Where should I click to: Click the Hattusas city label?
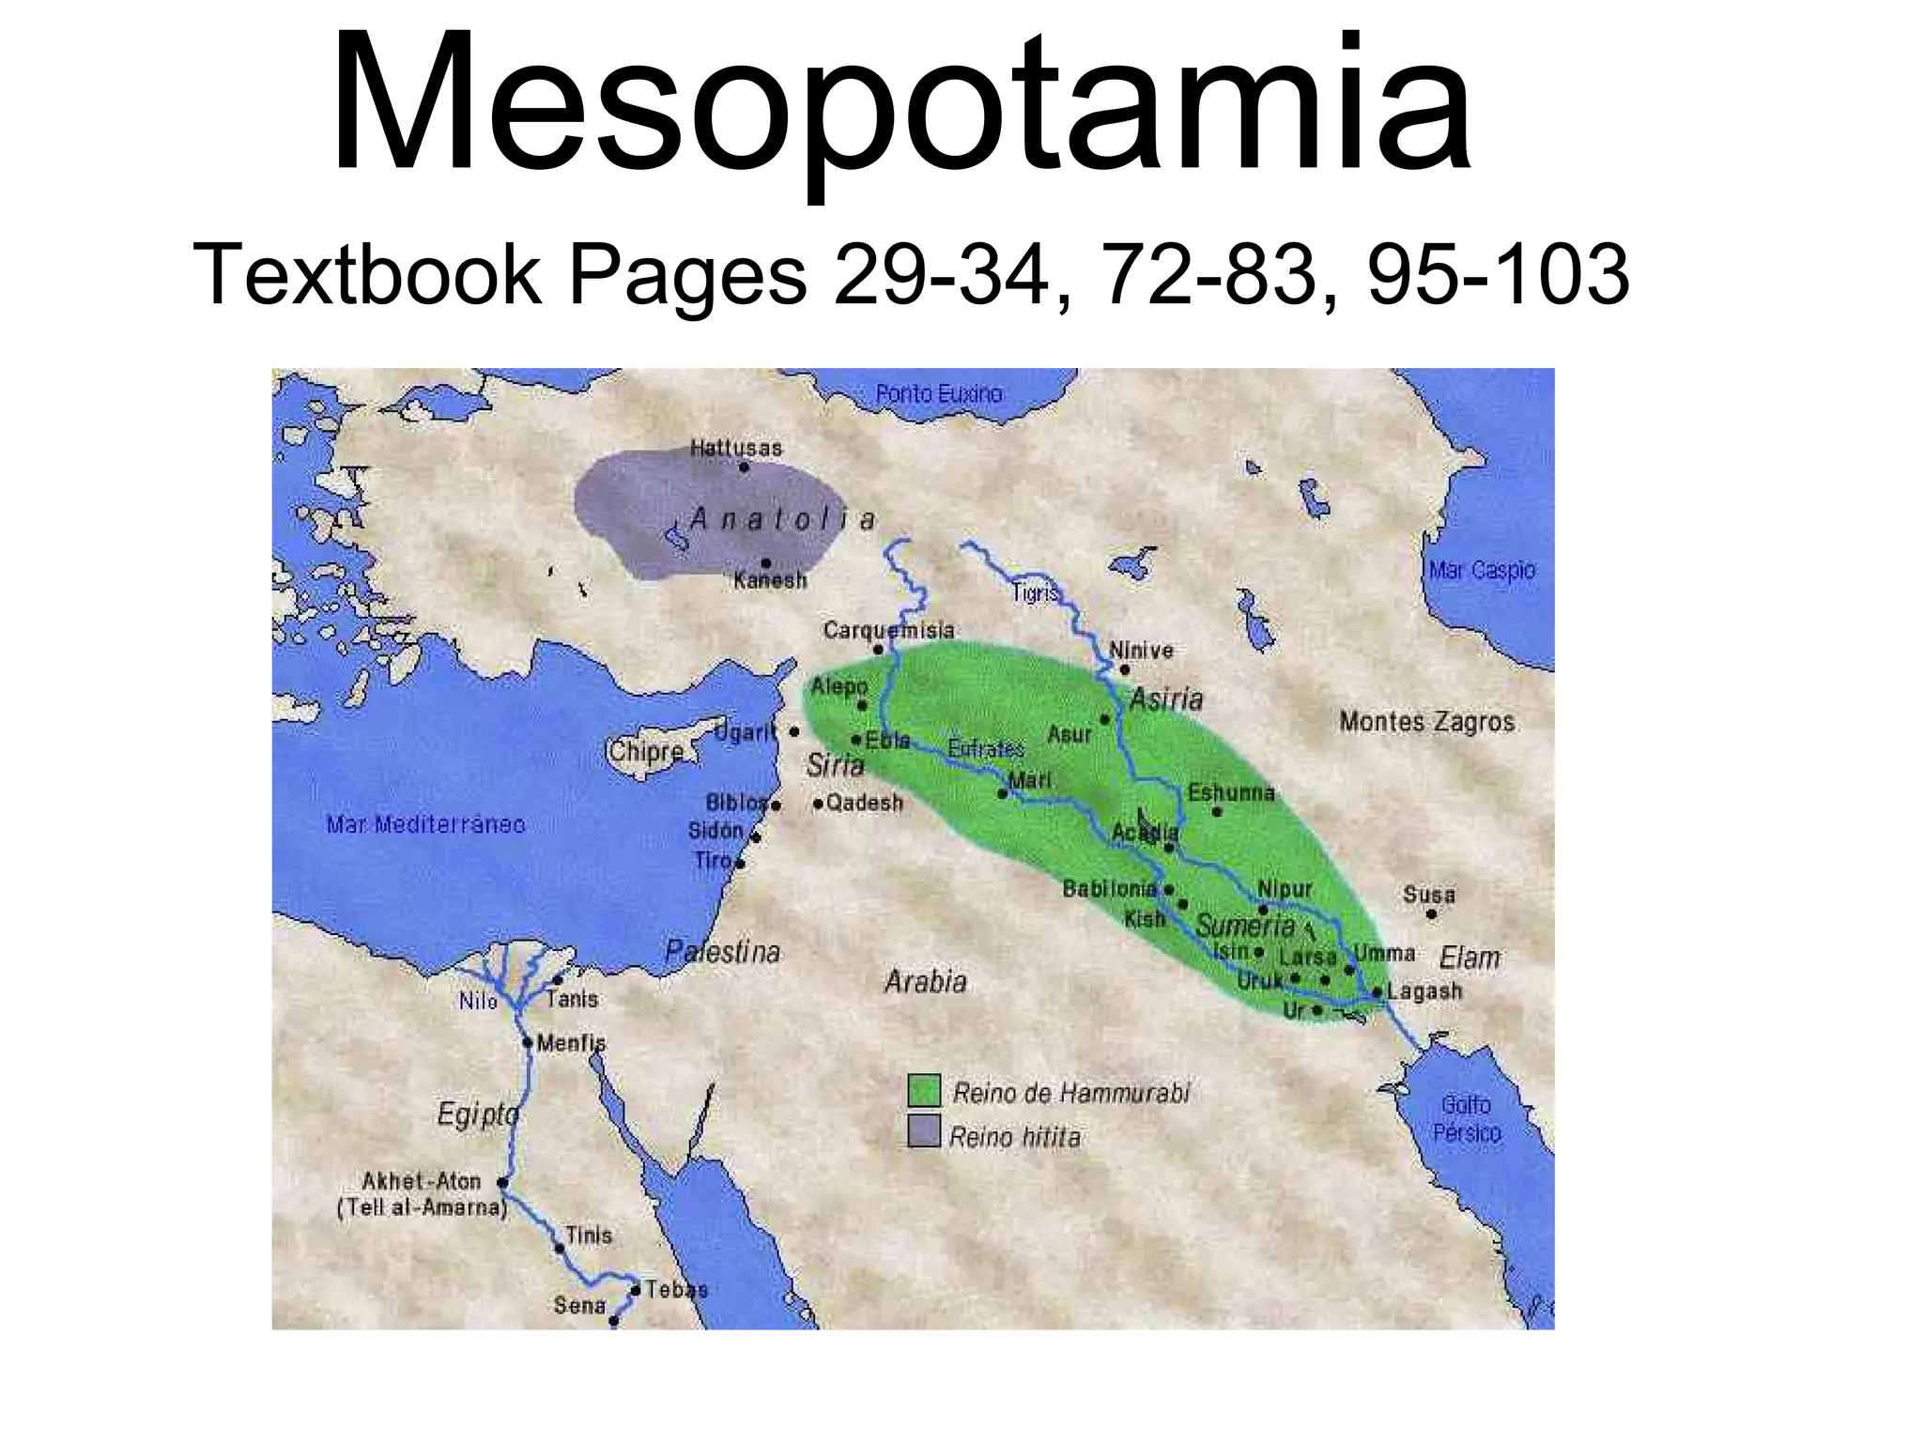point(736,448)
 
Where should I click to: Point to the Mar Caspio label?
point(1483,570)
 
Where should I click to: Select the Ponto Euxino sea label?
point(939,394)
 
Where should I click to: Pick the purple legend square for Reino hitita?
point(924,1131)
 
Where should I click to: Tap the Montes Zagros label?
point(1427,722)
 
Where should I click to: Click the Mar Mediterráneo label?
point(425,824)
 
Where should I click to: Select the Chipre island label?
point(646,752)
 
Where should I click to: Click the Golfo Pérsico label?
point(1467,1119)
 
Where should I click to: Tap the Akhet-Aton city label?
point(422,1181)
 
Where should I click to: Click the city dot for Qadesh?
point(819,804)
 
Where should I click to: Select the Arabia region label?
point(926,982)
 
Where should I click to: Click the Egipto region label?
point(478,1114)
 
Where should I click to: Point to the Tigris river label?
point(1036,593)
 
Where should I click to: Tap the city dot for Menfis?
point(528,1042)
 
